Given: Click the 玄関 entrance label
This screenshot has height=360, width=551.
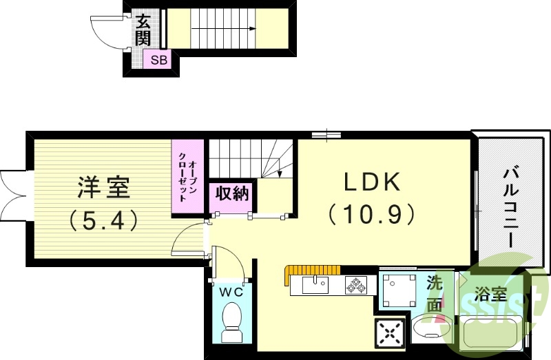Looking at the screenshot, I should (143, 30).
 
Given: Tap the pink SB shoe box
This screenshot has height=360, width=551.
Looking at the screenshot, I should (158, 60).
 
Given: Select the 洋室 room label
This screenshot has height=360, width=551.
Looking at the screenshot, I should (103, 187).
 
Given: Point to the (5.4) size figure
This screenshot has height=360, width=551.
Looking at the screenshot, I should (103, 220).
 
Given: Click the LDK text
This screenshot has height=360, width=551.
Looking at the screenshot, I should (372, 182).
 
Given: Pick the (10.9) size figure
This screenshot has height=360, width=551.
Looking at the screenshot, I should (372, 214).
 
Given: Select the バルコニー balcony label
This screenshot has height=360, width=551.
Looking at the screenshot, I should (510, 206).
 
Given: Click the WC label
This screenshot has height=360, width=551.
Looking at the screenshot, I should (231, 292).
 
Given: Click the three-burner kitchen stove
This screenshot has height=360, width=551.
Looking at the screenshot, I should (357, 284).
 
